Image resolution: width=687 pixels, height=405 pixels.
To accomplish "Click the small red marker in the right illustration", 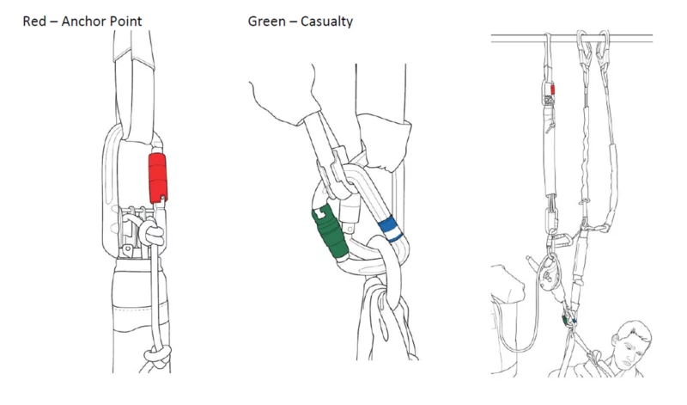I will click(x=554, y=89).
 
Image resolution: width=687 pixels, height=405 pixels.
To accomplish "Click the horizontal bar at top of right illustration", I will click(x=515, y=38).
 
